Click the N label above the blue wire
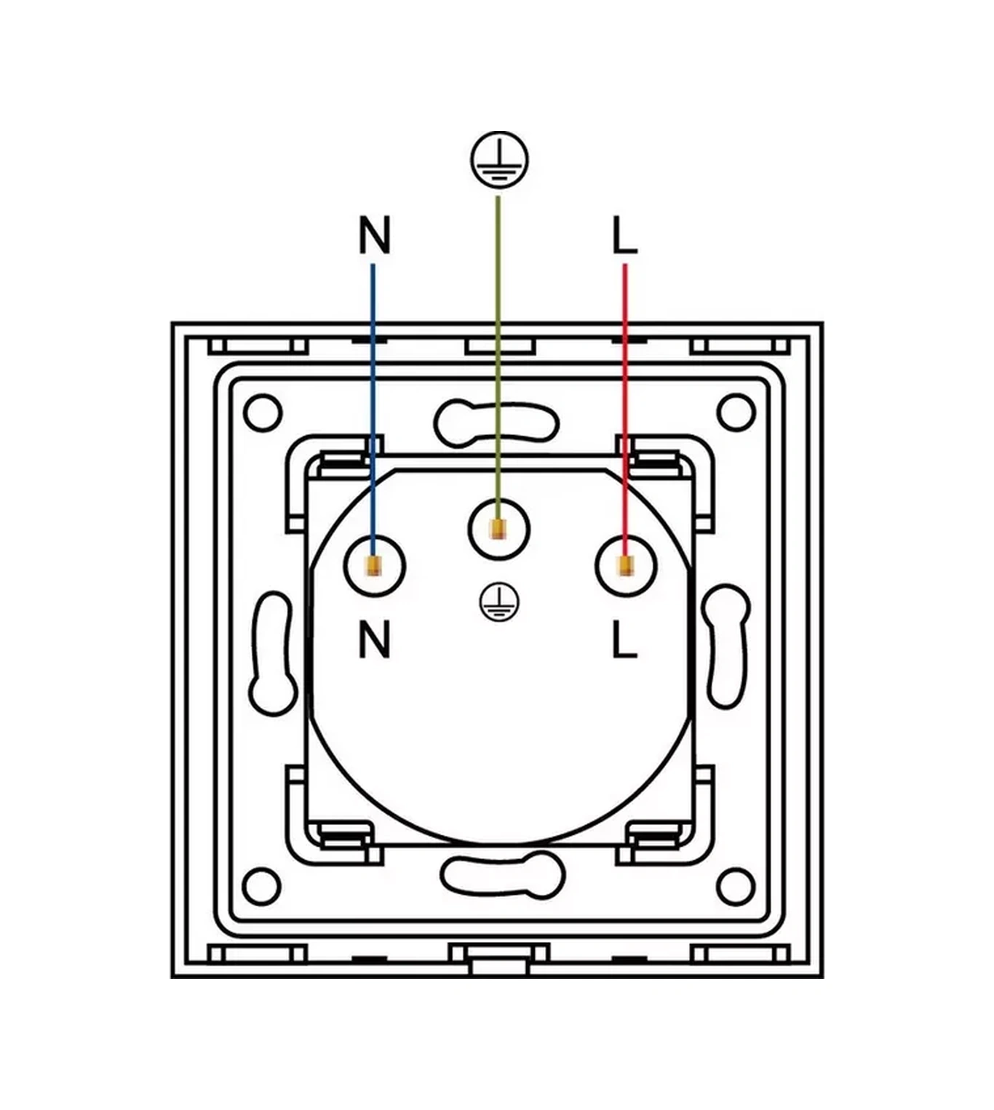(375, 234)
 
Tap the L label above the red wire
(624, 236)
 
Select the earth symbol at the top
(498, 160)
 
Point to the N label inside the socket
(375, 639)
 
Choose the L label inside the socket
(624, 639)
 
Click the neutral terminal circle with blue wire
(373, 566)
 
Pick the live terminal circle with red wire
(625, 566)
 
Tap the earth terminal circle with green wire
(498, 529)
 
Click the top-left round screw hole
(263, 412)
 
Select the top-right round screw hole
(736, 412)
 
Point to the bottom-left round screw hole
(263, 886)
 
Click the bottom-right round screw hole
(736, 886)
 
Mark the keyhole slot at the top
(496, 420)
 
